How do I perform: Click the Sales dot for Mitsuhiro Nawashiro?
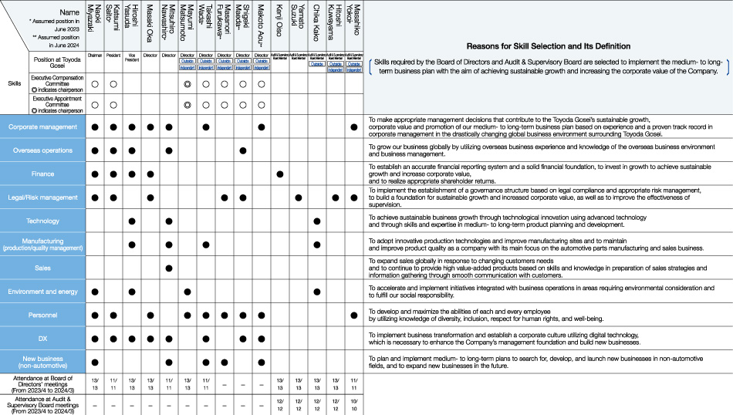pyautogui.click(x=168, y=268)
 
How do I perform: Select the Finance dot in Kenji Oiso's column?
pyautogui.click(x=279, y=174)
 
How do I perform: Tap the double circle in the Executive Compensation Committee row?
pyautogui.click(x=187, y=83)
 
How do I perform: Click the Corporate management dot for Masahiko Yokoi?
pyautogui.click(x=353, y=127)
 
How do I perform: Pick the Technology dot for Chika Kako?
pyautogui.click(x=316, y=221)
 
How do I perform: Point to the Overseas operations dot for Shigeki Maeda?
pyautogui.click(x=243, y=150)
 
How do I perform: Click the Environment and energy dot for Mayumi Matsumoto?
pyautogui.click(x=187, y=292)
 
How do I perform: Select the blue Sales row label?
pyautogui.click(x=42, y=268)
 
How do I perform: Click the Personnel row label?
pyautogui.click(x=42, y=315)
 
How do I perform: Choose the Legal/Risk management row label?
pyautogui.click(x=42, y=197)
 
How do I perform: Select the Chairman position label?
pyautogui.click(x=94, y=56)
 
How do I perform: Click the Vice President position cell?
pyautogui.click(x=131, y=56)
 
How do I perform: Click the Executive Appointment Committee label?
pyautogui.click(x=57, y=104)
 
